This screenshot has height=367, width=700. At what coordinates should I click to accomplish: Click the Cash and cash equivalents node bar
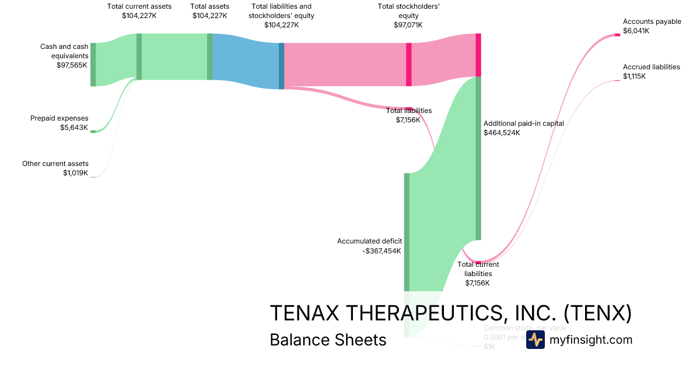pyautogui.click(x=93, y=64)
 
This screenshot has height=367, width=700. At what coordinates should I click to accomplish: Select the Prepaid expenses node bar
pyautogui.click(x=93, y=132)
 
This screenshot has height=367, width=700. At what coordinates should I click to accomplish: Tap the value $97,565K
pyautogui.click(x=68, y=65)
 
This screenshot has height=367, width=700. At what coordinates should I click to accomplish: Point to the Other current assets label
pyautogui.click(x=55, y=164)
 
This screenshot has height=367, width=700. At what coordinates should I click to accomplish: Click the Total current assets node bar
pyautogui.click(x=139, y=57)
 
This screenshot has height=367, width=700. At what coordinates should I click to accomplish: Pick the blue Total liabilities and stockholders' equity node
pyautogui.click(x=281, y=66)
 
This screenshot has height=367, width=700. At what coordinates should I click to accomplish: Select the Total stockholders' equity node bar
pyautogui.click(x=408, y=65)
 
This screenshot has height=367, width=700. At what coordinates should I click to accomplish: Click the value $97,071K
pyautogui.click(x=408, y=25)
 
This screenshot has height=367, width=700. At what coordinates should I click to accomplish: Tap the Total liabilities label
pyautogui.click(x=408, y=110)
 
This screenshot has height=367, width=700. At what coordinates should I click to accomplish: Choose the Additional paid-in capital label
pyautogui.click(x=523, y=123)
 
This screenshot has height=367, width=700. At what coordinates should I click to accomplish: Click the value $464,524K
pyautogui.click(x=501, y=133)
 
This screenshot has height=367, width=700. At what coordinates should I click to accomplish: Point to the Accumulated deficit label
pyautogui.click(x=370, y=241)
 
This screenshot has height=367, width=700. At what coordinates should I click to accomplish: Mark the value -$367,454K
pyautogui.click(x=382, y=251)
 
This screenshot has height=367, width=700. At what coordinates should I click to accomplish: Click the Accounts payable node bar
pyautogui.click(x=617, y=35)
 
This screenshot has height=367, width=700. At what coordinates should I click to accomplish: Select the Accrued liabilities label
pyautogui.click(x=651, y=67)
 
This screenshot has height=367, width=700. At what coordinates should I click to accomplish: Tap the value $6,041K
pyautogui.click(x=636, y=31)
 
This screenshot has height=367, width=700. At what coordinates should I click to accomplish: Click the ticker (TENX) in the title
pyautogui.click(x=598, y=313)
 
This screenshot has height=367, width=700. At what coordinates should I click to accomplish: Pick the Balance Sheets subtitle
pyautogui.click(x=328, y=340)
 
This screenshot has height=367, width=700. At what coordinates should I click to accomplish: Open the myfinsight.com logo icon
pyautogui.click(x=535, y=340)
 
